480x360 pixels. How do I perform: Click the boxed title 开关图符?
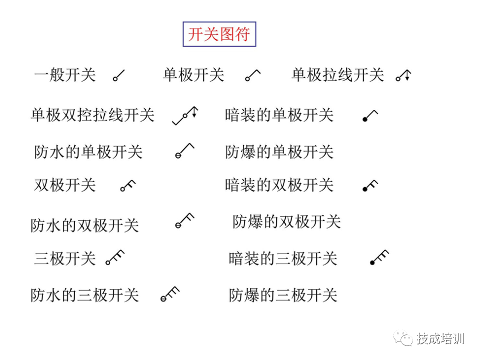point(219,34)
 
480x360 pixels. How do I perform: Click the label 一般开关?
point(64,75)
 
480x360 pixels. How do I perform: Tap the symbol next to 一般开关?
point(118,76)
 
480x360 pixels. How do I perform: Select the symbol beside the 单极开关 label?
point(252,75)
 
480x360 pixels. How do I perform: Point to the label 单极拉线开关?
point(337,75)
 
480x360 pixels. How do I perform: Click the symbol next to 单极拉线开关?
point(403,75)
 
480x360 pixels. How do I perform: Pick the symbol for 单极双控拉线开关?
point(185,115)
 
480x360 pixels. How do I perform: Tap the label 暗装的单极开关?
point(279,115)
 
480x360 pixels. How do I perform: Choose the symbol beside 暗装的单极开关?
point(370,116)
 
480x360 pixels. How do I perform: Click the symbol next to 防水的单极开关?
point(184,150)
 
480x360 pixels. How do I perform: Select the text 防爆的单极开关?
point(279,151)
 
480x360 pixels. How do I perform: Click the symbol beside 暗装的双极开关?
point(370,186)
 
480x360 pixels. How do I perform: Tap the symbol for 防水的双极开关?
point(184,220)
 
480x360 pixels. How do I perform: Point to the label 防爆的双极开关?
point(286,221)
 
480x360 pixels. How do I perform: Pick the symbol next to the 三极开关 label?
point(114,257)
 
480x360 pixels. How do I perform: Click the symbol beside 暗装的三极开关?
point(379,257)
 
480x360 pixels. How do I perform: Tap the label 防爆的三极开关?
point(283,295)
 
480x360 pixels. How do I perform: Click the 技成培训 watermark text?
point(440,338)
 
